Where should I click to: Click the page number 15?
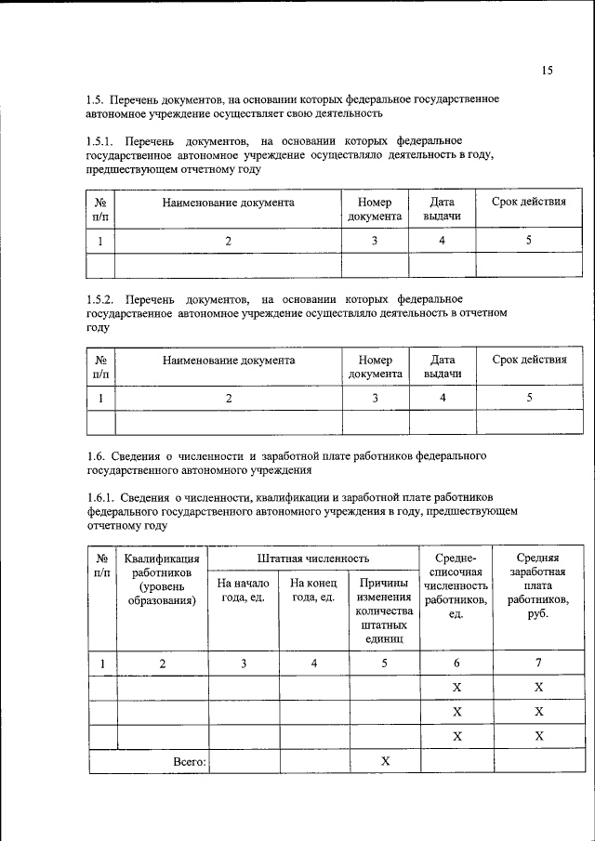pos(547,71)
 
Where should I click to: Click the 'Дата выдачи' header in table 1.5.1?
pos(443,209)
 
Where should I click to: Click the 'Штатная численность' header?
pos(313,558)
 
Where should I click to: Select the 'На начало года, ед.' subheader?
pos(243,590)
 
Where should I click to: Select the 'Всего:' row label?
pos(190,761)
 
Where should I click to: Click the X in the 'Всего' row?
pos(385,761)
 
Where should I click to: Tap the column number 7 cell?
pos(536,664)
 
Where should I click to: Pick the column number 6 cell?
pos(456,664)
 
